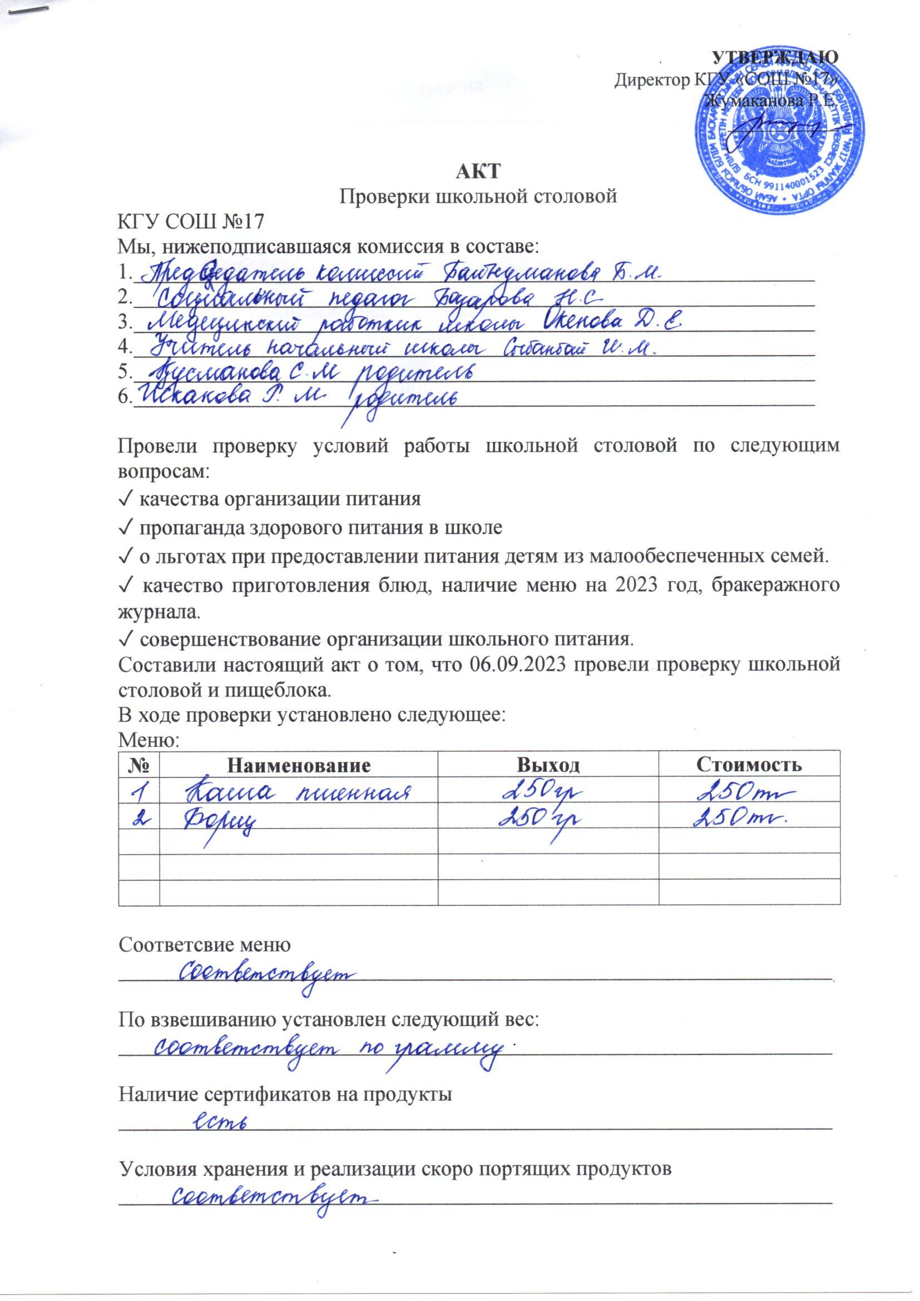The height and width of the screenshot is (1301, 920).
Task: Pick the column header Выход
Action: (x=548, y=766)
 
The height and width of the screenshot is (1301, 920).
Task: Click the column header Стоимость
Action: (x=749, y=766)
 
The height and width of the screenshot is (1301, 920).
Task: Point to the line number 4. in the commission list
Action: (x=123, y=347)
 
